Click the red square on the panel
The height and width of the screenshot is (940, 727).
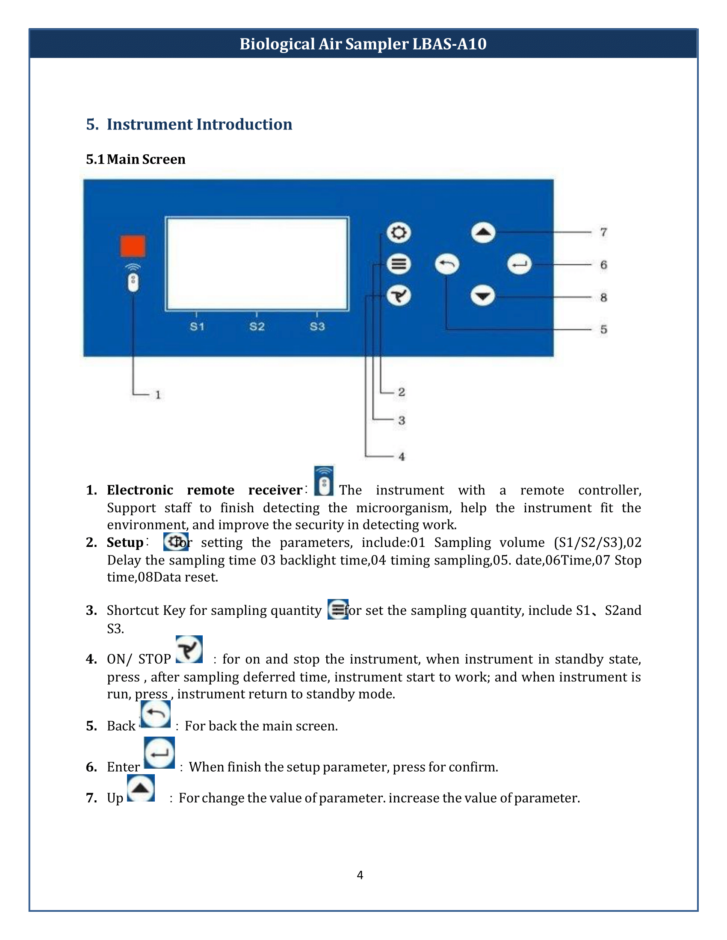pos(132,246)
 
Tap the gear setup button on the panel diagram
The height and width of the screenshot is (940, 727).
pos(399,233)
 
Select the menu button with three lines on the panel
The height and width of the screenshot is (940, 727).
pos(399,264)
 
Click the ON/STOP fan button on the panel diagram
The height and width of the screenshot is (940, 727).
pos(399,296)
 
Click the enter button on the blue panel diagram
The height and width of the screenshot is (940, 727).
pos(519,264)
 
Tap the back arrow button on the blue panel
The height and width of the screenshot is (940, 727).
pos(446,264)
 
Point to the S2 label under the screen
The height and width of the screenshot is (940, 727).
pos(257,327)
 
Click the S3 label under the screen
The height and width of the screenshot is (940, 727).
pos(317,327)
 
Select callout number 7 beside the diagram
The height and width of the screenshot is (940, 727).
pos(603,232)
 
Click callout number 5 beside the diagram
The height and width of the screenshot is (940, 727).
pos(603,330)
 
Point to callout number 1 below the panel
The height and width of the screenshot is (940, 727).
pos(158,395)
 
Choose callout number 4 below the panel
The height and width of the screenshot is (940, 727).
pos(402,457)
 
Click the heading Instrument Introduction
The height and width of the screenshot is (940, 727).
pos(199,124)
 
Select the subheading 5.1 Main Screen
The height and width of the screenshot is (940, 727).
pos(136,159)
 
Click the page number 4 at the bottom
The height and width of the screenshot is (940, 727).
pos(360,875)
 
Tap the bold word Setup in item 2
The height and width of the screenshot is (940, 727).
pos(125,542)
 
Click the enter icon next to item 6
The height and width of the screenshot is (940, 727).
pos(160,753)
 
